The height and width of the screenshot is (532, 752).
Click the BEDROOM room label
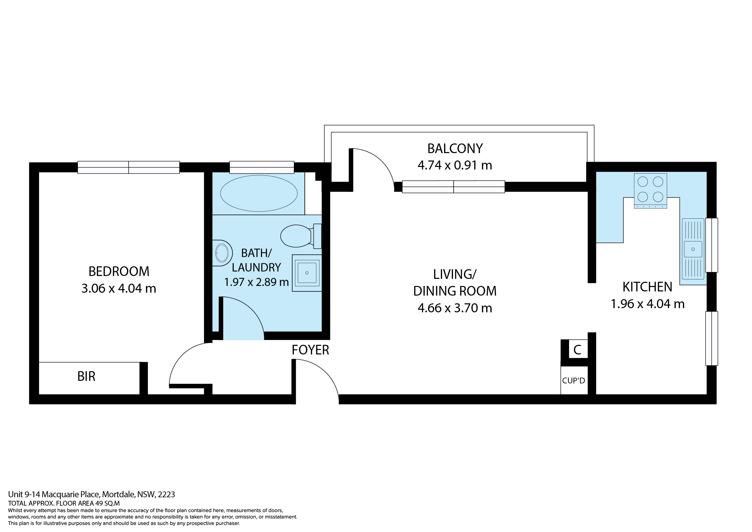pyautogui.click(x=119, y=271)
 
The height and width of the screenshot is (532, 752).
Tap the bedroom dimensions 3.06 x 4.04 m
pyautogui.click(x=119, y=289)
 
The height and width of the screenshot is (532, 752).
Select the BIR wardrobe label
pyautogui.click(x=86, y=377)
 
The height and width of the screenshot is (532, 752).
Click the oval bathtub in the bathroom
pyautogui.click(x=259, y=193)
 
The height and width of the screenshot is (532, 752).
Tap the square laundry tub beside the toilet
pyautogui.click(x=307, y=273)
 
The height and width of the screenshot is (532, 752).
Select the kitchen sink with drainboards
pyautogui.click(x=693, y=249)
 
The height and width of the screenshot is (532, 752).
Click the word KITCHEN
pyautogui.click(x=647, y=287)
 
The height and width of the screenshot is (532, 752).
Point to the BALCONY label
pyautogui.click(x=455, y=149)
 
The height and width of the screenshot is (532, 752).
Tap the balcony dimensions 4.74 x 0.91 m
pyautogui.click(x=455, y=165)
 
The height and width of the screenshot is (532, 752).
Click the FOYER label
pyautogui.click(x=311, y=350)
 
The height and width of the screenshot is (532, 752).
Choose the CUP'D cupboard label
pyautogui.click(x=574, y=381)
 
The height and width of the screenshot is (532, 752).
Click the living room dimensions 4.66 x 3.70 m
pyautogui.click(x=455, y=308)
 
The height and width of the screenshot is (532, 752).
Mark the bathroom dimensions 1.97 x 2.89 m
pyautogui.click(x=257, y=282)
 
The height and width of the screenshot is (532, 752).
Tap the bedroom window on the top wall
pyautogui.click(x=128, y=167)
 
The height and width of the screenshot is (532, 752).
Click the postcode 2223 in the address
pyautogui.click(x=167, y=494)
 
